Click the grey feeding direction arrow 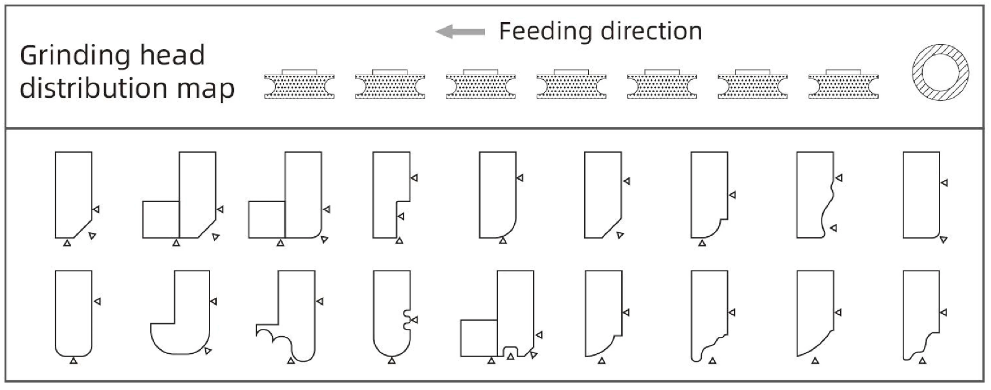(460, 31)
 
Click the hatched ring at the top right (940, 72)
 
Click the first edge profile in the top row (73, 194)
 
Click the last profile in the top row (921, 194)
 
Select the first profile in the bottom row (73, 313)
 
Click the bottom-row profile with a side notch (392, 313)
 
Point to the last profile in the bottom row (921, 313)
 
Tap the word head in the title (172, 56)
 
